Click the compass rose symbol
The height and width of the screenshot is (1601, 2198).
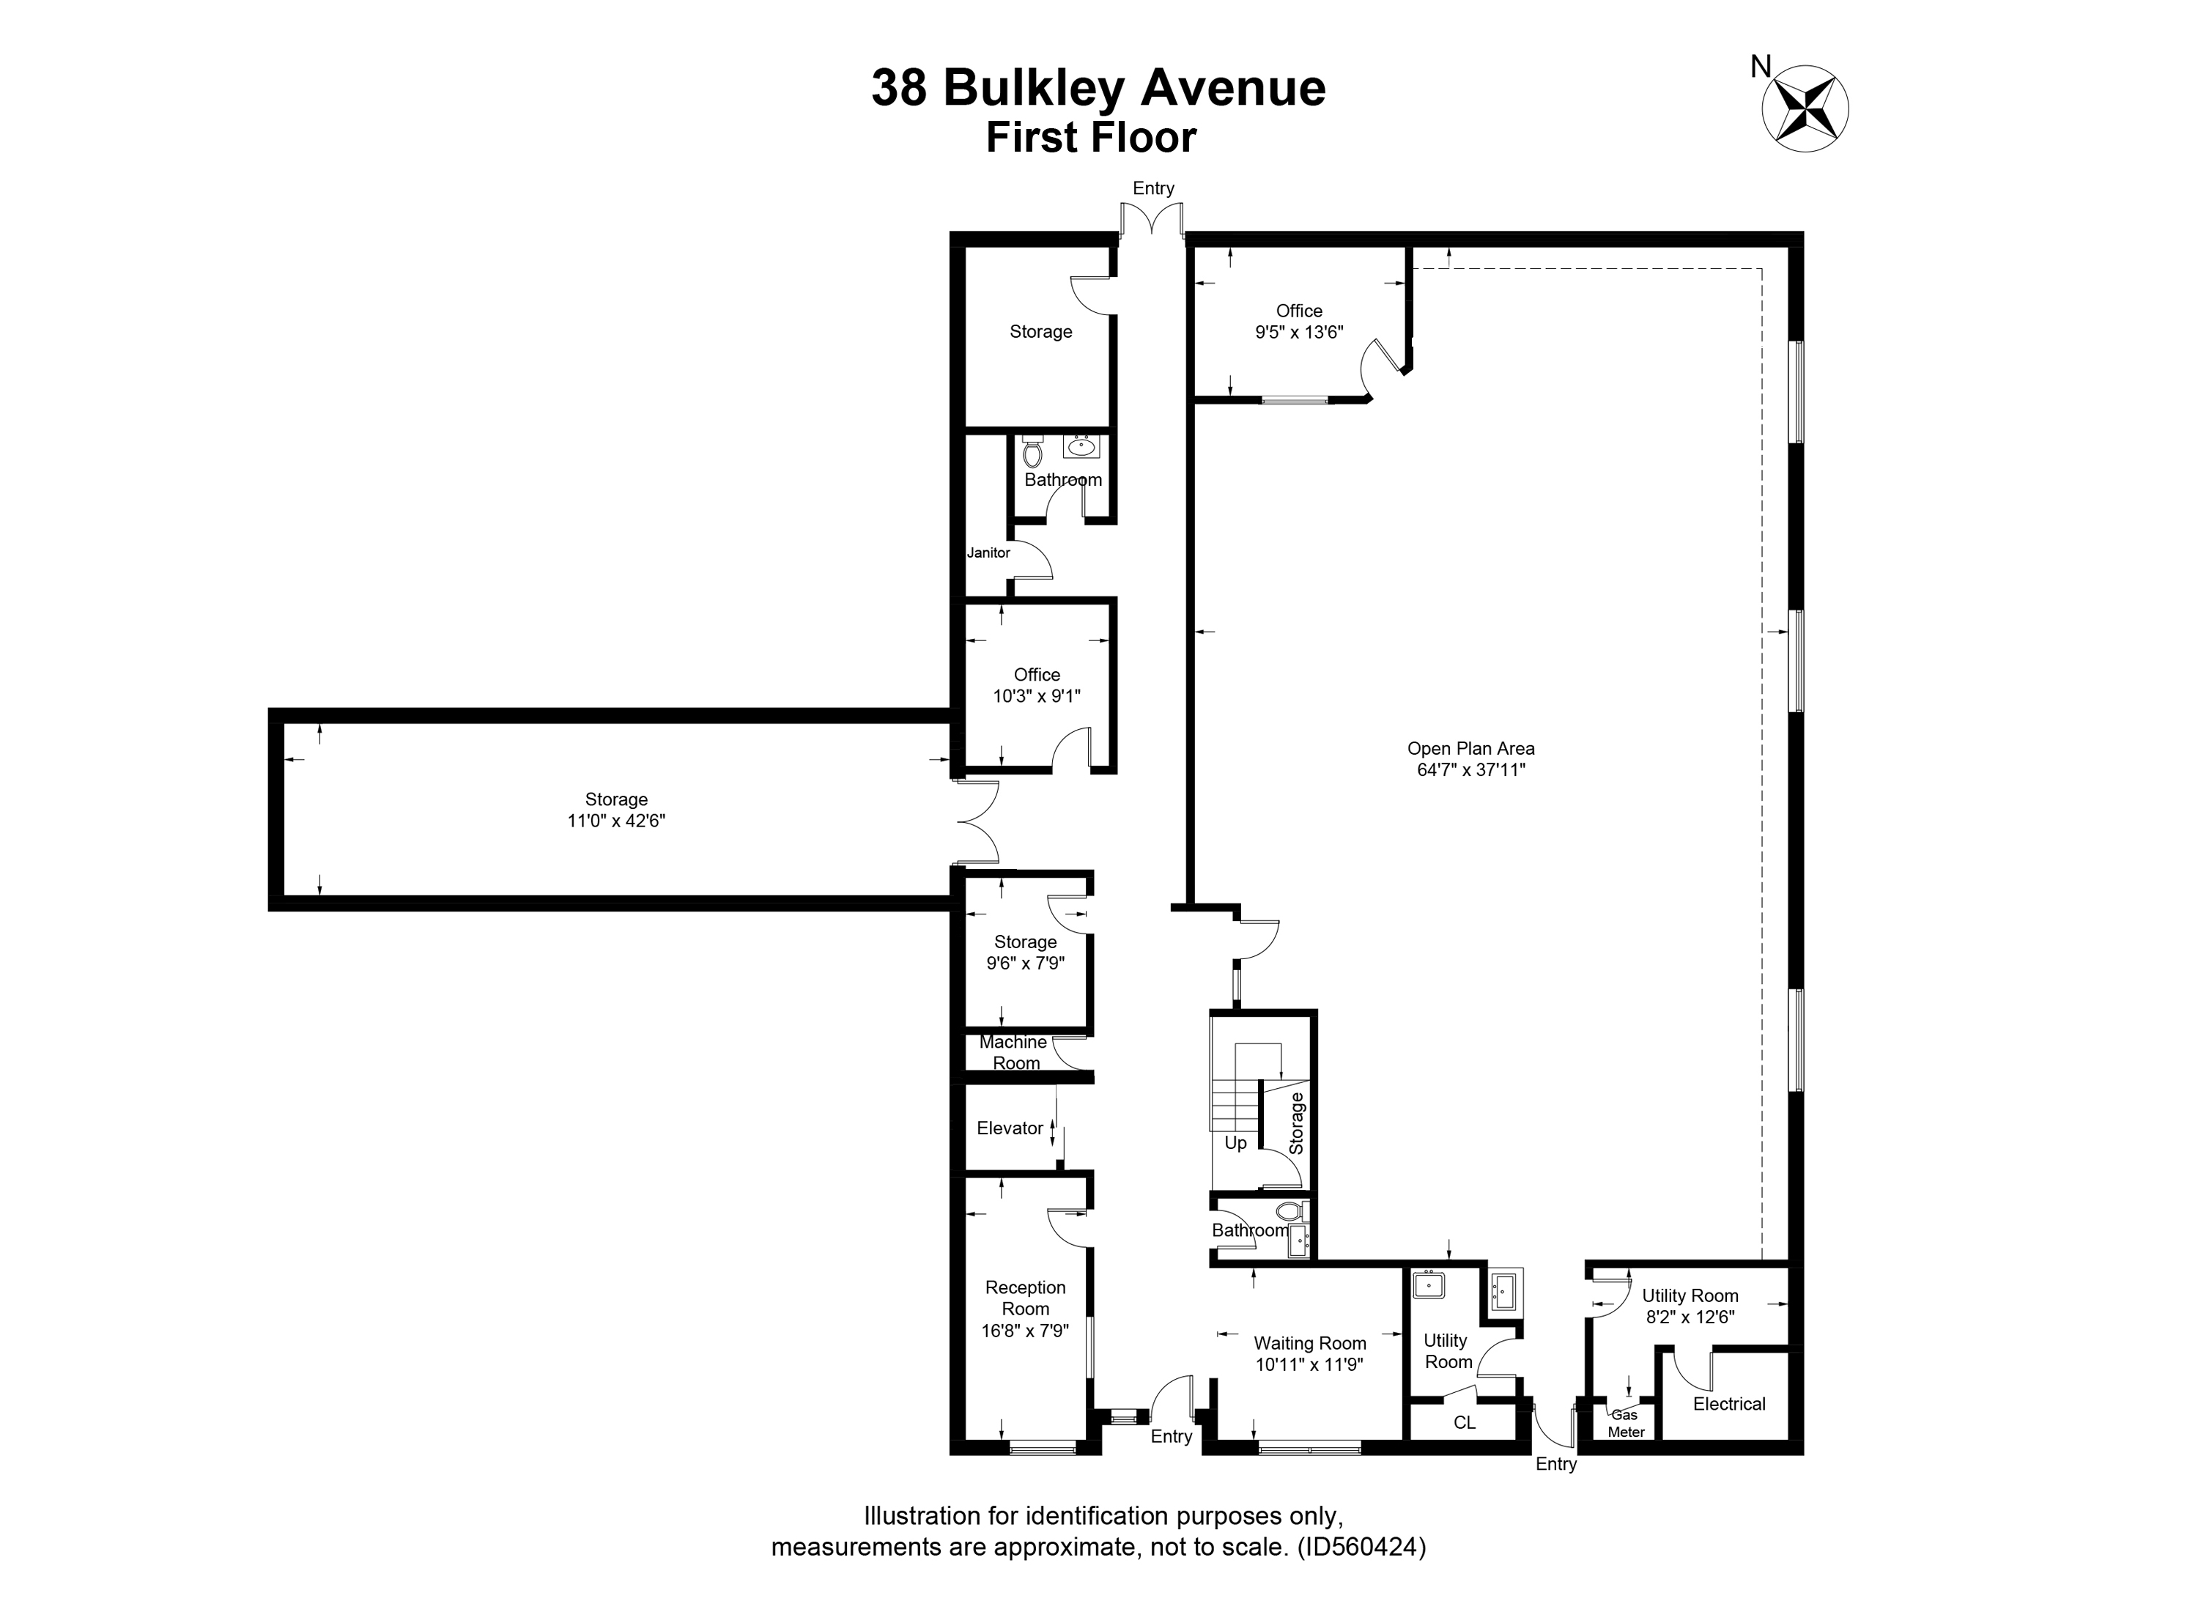coord(1805,108)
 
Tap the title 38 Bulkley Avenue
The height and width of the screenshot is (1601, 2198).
coord(1098,87)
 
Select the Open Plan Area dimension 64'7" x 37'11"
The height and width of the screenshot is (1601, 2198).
coord(1471,770)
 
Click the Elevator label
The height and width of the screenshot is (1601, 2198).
coord(1010,1128)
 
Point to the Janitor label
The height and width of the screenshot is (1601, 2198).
coord(988,552)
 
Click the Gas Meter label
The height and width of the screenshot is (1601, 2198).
coord(1627,1424)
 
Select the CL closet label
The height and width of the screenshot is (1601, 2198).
coord(1465,1423)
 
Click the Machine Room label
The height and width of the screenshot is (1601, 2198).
coord(1014,1052)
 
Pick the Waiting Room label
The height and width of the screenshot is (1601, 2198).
coord(1310,1343)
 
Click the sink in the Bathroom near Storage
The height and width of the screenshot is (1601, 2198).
coord(1081,447)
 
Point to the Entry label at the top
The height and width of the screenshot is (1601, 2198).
coord(1153,188)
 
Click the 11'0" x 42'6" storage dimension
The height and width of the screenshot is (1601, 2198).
coord(616,821)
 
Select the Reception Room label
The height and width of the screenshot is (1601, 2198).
coord(1025,1298)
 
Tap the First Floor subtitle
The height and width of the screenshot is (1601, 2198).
coord(1091,138)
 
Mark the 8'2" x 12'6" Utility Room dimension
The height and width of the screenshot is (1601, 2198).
coord(1690,1317)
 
